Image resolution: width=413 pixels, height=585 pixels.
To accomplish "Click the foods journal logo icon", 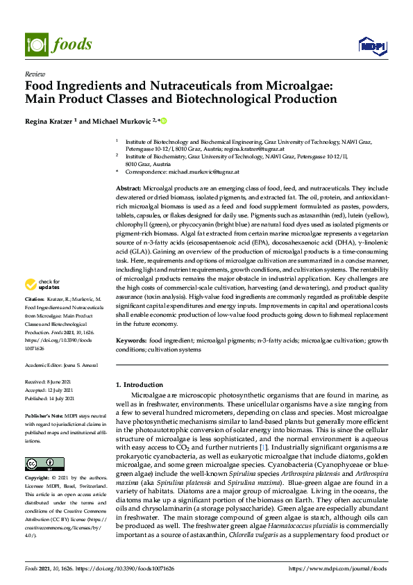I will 35,43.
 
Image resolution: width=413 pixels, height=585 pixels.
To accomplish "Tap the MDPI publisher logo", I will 372,46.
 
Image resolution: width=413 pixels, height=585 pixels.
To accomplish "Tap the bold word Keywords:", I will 131,340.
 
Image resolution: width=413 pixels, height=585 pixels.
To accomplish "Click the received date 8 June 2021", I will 66,382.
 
